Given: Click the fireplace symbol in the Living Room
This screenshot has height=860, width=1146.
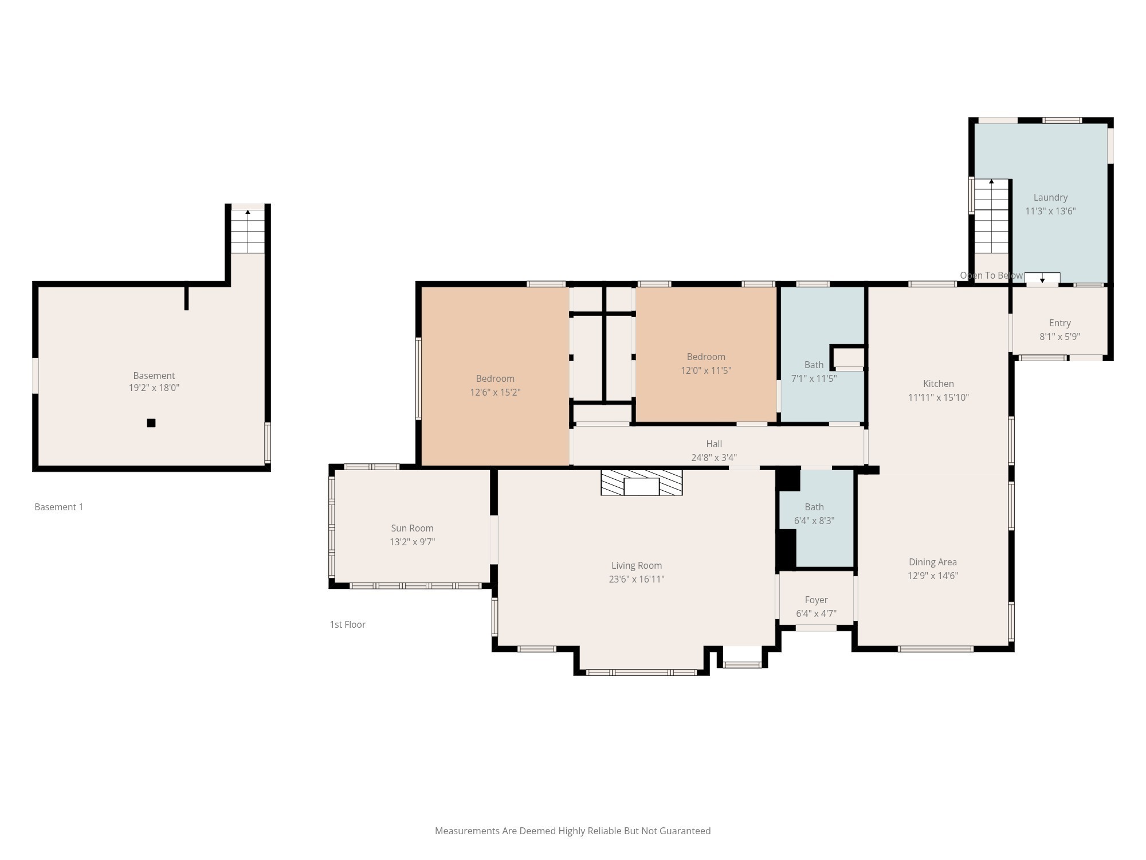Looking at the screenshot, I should click(x=641, y=482).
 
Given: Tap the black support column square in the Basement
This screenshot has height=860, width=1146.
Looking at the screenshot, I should click(x=151, y=423).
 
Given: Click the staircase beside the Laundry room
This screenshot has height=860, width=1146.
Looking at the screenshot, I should click(x=991, y=217).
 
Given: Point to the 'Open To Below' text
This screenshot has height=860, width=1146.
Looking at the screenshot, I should click(x=991, y=275).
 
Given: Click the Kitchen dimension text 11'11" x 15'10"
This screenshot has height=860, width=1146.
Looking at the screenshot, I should click(x=938, y=397).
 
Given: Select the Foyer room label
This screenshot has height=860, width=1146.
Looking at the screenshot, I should click(x=816, y=600).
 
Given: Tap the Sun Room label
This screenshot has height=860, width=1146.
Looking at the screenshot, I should click(x=412, y=528).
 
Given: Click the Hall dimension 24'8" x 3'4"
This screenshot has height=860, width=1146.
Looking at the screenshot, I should click(x=713, y=458).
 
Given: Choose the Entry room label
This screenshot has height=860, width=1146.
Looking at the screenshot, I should click(x=1059, y=323).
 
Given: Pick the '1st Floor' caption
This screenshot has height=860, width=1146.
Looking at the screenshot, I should click(x=347, y=624).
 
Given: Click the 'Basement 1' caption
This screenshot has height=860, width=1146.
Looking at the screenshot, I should click(x=58, y=507).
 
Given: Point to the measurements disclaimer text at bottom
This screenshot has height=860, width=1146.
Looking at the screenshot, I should click(x=572, y=831).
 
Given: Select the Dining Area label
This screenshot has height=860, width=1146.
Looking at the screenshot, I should click(x=932, y=562).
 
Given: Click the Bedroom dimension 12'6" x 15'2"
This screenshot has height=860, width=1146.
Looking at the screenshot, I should click(x=495, y=392).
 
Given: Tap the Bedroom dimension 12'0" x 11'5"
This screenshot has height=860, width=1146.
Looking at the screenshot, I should click(x=705, y=370).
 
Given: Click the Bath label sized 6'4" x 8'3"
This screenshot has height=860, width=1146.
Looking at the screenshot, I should click(x=814, y=507).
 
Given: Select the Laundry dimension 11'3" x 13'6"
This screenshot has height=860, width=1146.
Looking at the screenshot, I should click(x=1050, y=211).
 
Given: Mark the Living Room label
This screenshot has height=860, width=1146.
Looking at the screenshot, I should click(x=636, y=565).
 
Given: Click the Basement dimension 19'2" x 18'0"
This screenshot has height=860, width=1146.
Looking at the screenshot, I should click(x=154, y=388).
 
